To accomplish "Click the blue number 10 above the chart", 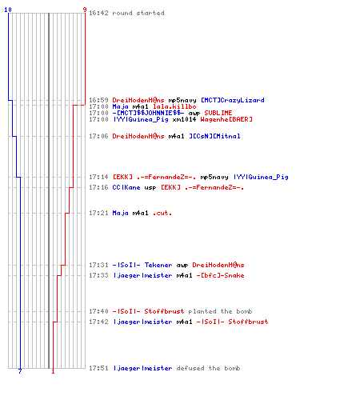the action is point(8,10).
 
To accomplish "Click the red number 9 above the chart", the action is point(85,10).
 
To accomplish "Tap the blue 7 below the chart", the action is point(20,371).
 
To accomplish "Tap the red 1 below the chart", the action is point(53,371).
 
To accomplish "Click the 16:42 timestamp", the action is point(98,13).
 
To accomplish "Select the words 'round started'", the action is point(138,13).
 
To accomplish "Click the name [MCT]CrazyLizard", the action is point(232,100).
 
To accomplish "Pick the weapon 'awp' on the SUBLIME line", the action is point(194,113).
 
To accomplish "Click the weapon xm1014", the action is point(184,119).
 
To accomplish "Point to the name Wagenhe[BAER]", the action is point(226,119).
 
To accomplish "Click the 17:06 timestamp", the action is point(98,136).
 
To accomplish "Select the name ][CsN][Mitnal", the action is point(214,136).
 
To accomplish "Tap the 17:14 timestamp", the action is point(98,177).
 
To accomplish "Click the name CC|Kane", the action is point(126,187).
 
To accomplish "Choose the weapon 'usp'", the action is point(150,188).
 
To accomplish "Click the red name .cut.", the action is point(162,213).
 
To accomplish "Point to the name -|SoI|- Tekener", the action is point(142,265).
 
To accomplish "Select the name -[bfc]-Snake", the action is point(220,275).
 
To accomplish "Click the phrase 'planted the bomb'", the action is point(220,311).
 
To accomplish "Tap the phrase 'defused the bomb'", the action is point(208,368).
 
